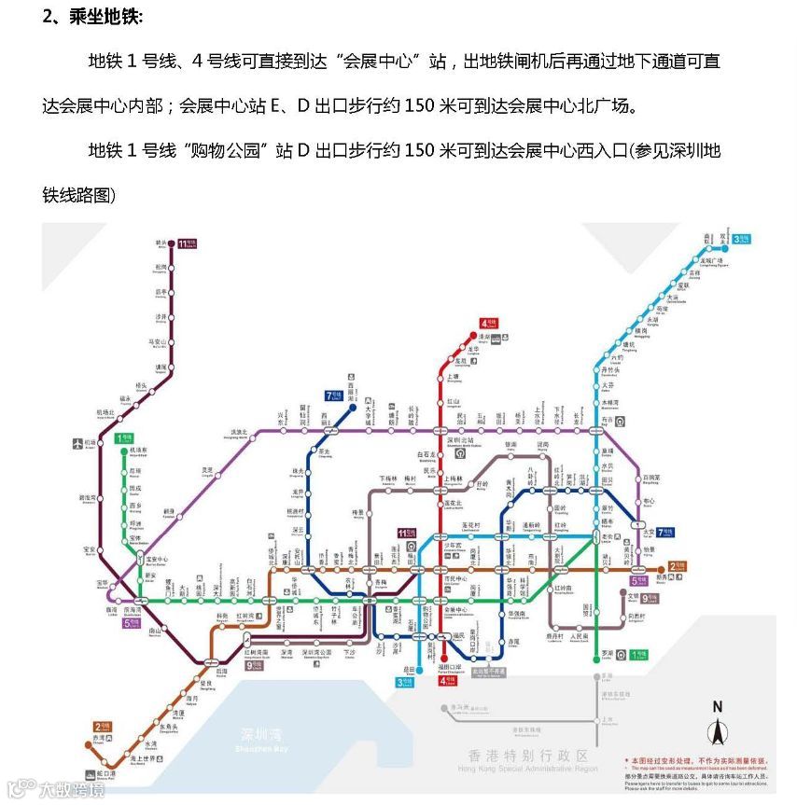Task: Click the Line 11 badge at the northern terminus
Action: [x=188, y=243]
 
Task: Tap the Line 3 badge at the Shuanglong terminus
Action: [x=743, y=239]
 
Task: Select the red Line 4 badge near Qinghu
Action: [x=489, y=323]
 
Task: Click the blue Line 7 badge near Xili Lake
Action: [x=334, y=396]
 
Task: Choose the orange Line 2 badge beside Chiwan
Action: [x=102, y=727]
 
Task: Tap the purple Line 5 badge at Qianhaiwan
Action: [x=132, y=622]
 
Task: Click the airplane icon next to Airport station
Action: [x=77, y=443]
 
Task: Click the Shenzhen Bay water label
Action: [x=260, y=736]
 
